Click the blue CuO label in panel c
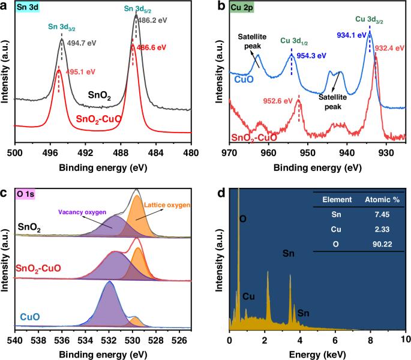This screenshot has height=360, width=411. (31, 316)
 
